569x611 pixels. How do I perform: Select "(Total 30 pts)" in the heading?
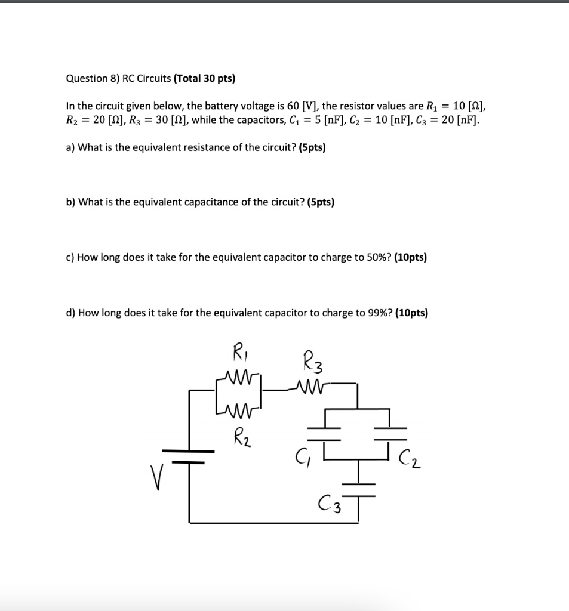click(204, 78)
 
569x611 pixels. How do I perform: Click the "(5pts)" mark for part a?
click(308, 147)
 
